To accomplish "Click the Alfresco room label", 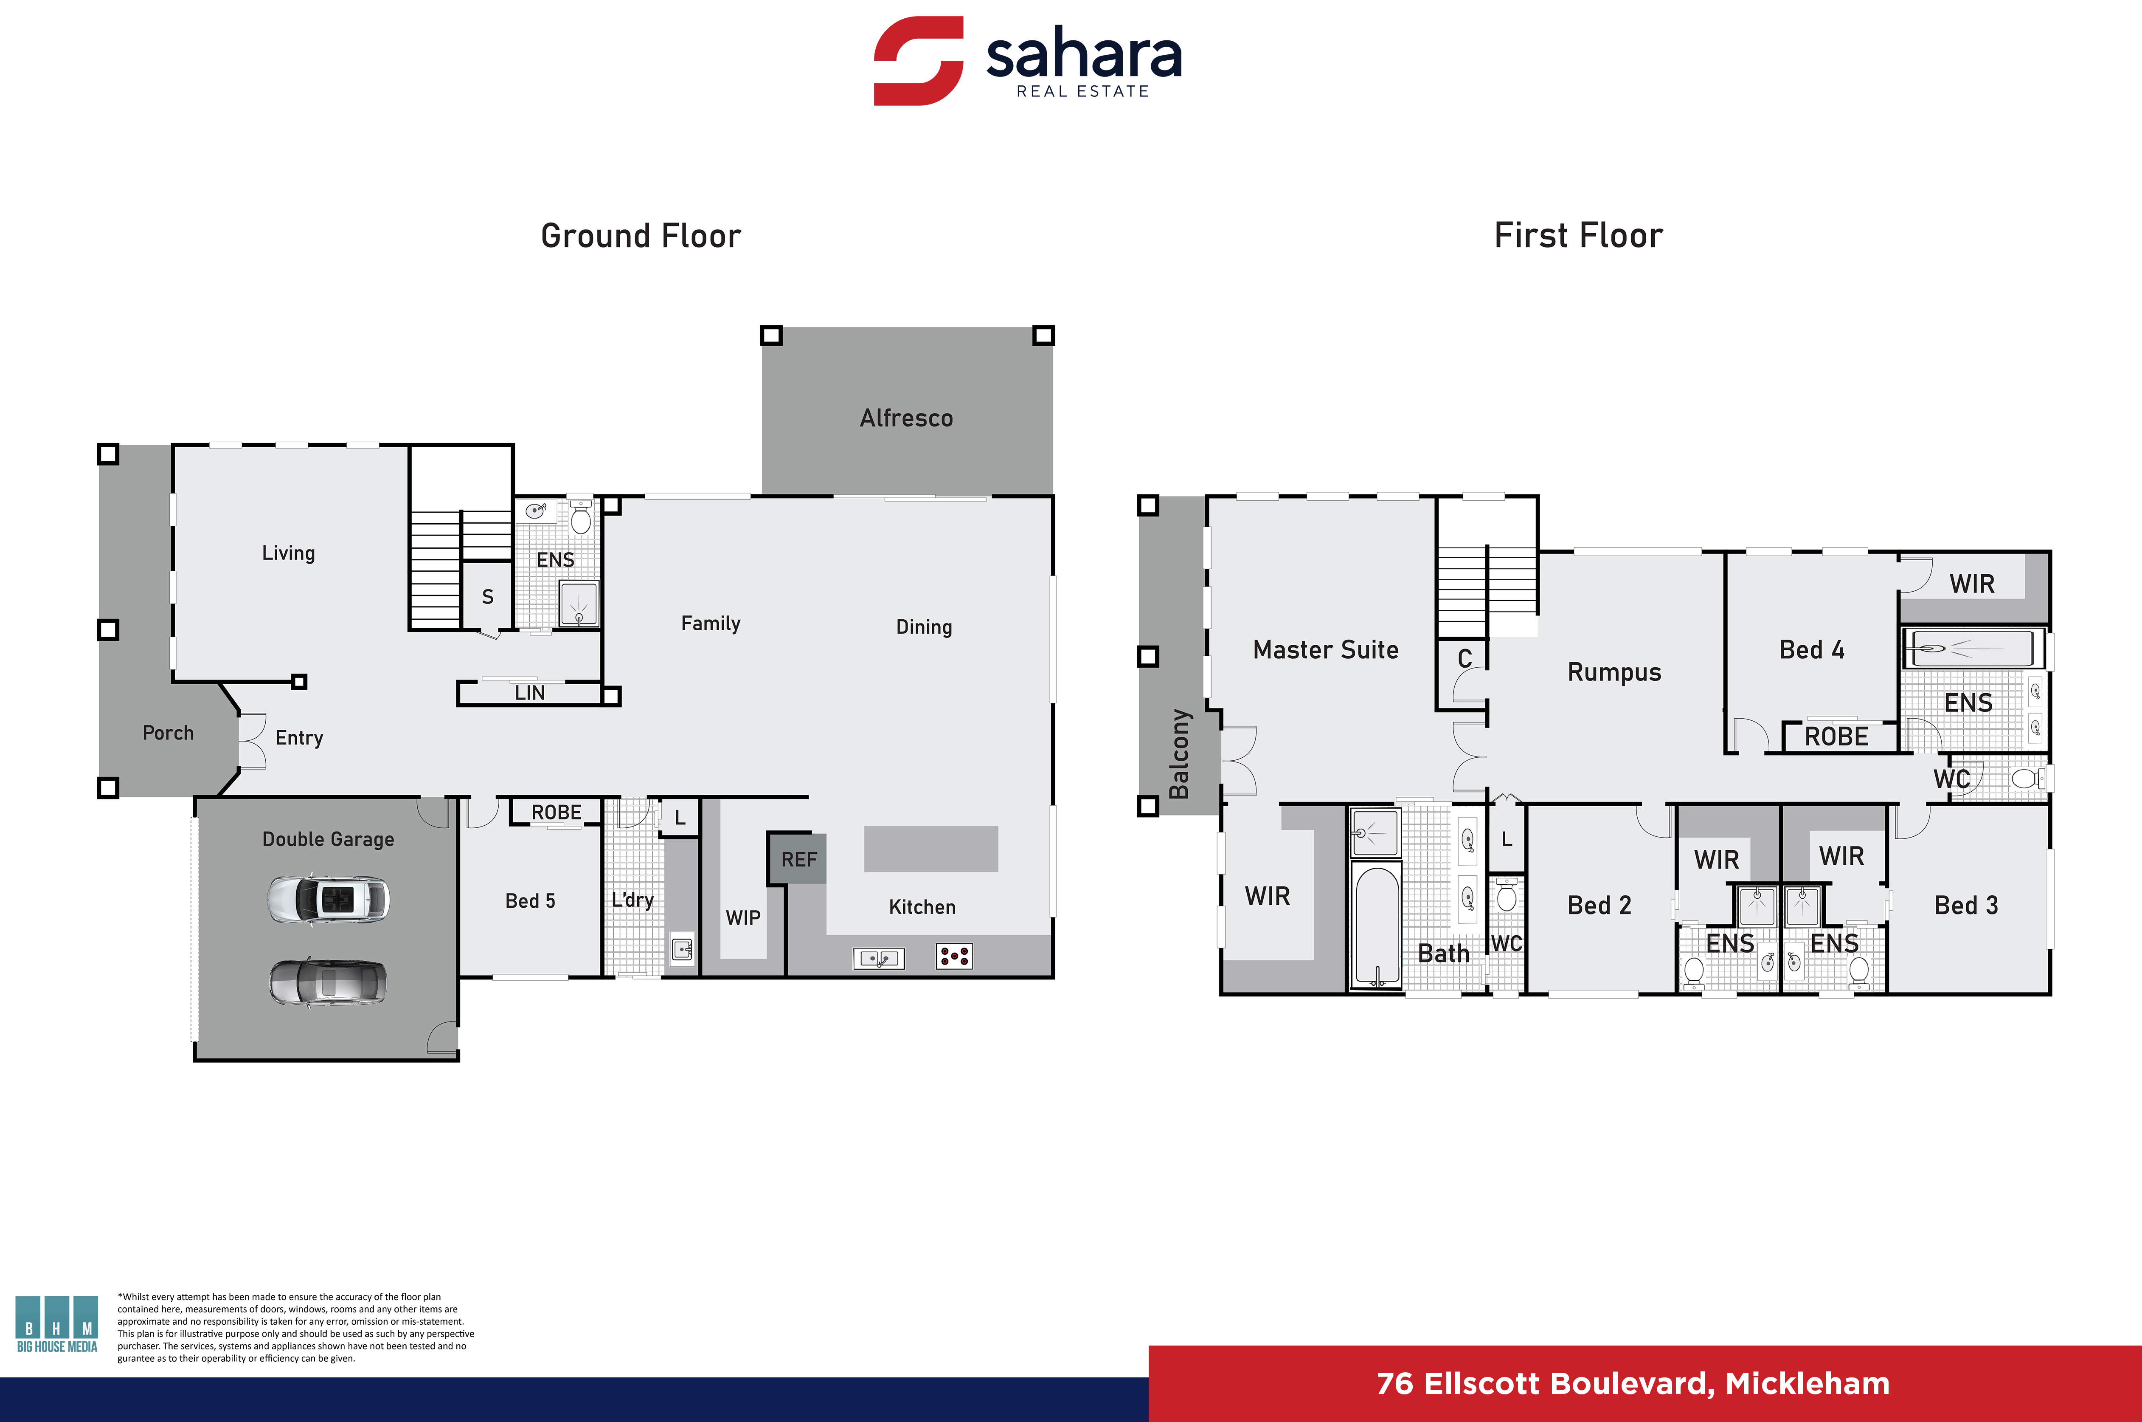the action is [x=906, y=418].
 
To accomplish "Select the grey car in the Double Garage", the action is [x=328, y=982].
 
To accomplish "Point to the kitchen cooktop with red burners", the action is [x=955, y=956].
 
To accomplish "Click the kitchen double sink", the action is [x=878, y=958].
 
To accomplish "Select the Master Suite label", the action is [x=1325, y=649].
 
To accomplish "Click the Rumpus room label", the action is [x=1614, y=672].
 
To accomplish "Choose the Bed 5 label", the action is [x=530, y=900].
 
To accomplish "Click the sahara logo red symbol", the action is [x=918, y=61].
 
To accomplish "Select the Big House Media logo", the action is [x=56, y=1324].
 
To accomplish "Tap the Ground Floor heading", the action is [x=641, y=236].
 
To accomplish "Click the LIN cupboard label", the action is [x=530, y=693].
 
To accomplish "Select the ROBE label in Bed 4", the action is [x=1836, y=736].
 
